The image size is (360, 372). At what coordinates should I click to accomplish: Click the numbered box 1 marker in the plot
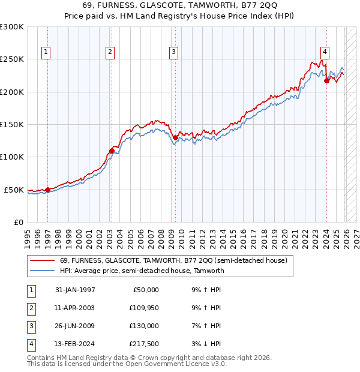click(x=46, y=53)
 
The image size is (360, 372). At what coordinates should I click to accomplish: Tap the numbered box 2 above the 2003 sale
click(x=110, y=53)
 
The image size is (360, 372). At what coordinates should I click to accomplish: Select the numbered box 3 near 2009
click(x=173, y=53)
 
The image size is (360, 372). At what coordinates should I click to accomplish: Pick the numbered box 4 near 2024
click(x=324, y=53)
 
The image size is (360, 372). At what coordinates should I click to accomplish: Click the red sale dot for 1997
click(x=47, y=190)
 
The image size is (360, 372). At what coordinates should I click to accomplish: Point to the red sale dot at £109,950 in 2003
click(x=112, y=151)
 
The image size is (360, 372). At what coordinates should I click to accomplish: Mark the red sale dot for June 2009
click(x=175, y=137)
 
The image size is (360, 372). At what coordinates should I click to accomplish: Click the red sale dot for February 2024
click(x=326, y=80)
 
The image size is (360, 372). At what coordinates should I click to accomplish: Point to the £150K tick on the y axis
click(x=12, y=125)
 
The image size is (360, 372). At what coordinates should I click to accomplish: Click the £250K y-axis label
click(x=12, y=59)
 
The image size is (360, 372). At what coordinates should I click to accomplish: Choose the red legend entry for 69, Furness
click(x=173, y=260)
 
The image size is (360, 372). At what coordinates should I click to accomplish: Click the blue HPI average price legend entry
click(x=142, y=271)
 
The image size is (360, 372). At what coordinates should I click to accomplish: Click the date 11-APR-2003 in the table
click(x=75, y=308)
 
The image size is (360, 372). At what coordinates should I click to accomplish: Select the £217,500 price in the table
click(x=144, y=344)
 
